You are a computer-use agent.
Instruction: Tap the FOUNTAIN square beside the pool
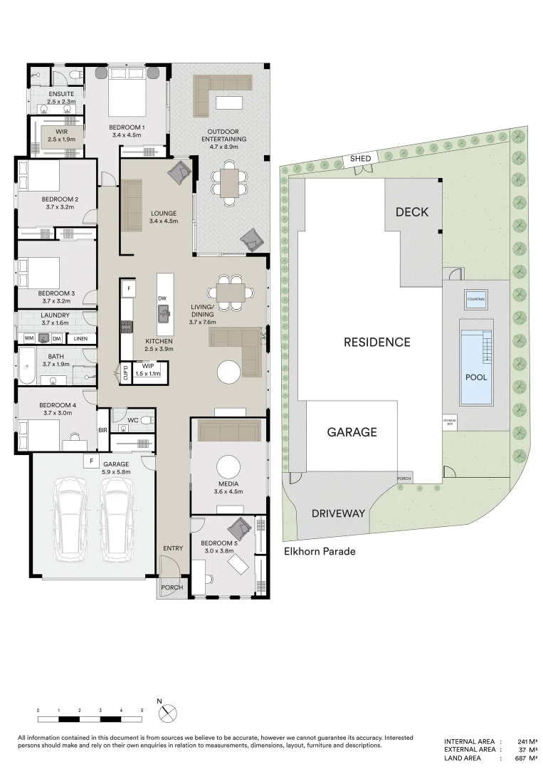click(475, 300)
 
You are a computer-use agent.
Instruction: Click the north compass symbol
click(168, 712)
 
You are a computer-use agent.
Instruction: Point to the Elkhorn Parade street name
click(319, 551)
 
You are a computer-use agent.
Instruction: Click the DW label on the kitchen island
click(163, 298)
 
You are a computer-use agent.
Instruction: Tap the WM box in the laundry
click(30, 338)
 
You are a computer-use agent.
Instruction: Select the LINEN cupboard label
click(81, 338)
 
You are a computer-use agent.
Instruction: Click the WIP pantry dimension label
click(148, 373)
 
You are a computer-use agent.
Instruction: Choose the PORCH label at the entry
click(172, 587)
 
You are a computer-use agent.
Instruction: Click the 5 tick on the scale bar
click(142, 711)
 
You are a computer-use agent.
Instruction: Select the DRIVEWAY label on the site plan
click(338, 513)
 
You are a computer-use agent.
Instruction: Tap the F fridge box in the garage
click(90, 461)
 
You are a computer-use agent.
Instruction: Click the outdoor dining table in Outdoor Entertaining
click(229, 182)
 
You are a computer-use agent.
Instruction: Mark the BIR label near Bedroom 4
click(102, 430)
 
